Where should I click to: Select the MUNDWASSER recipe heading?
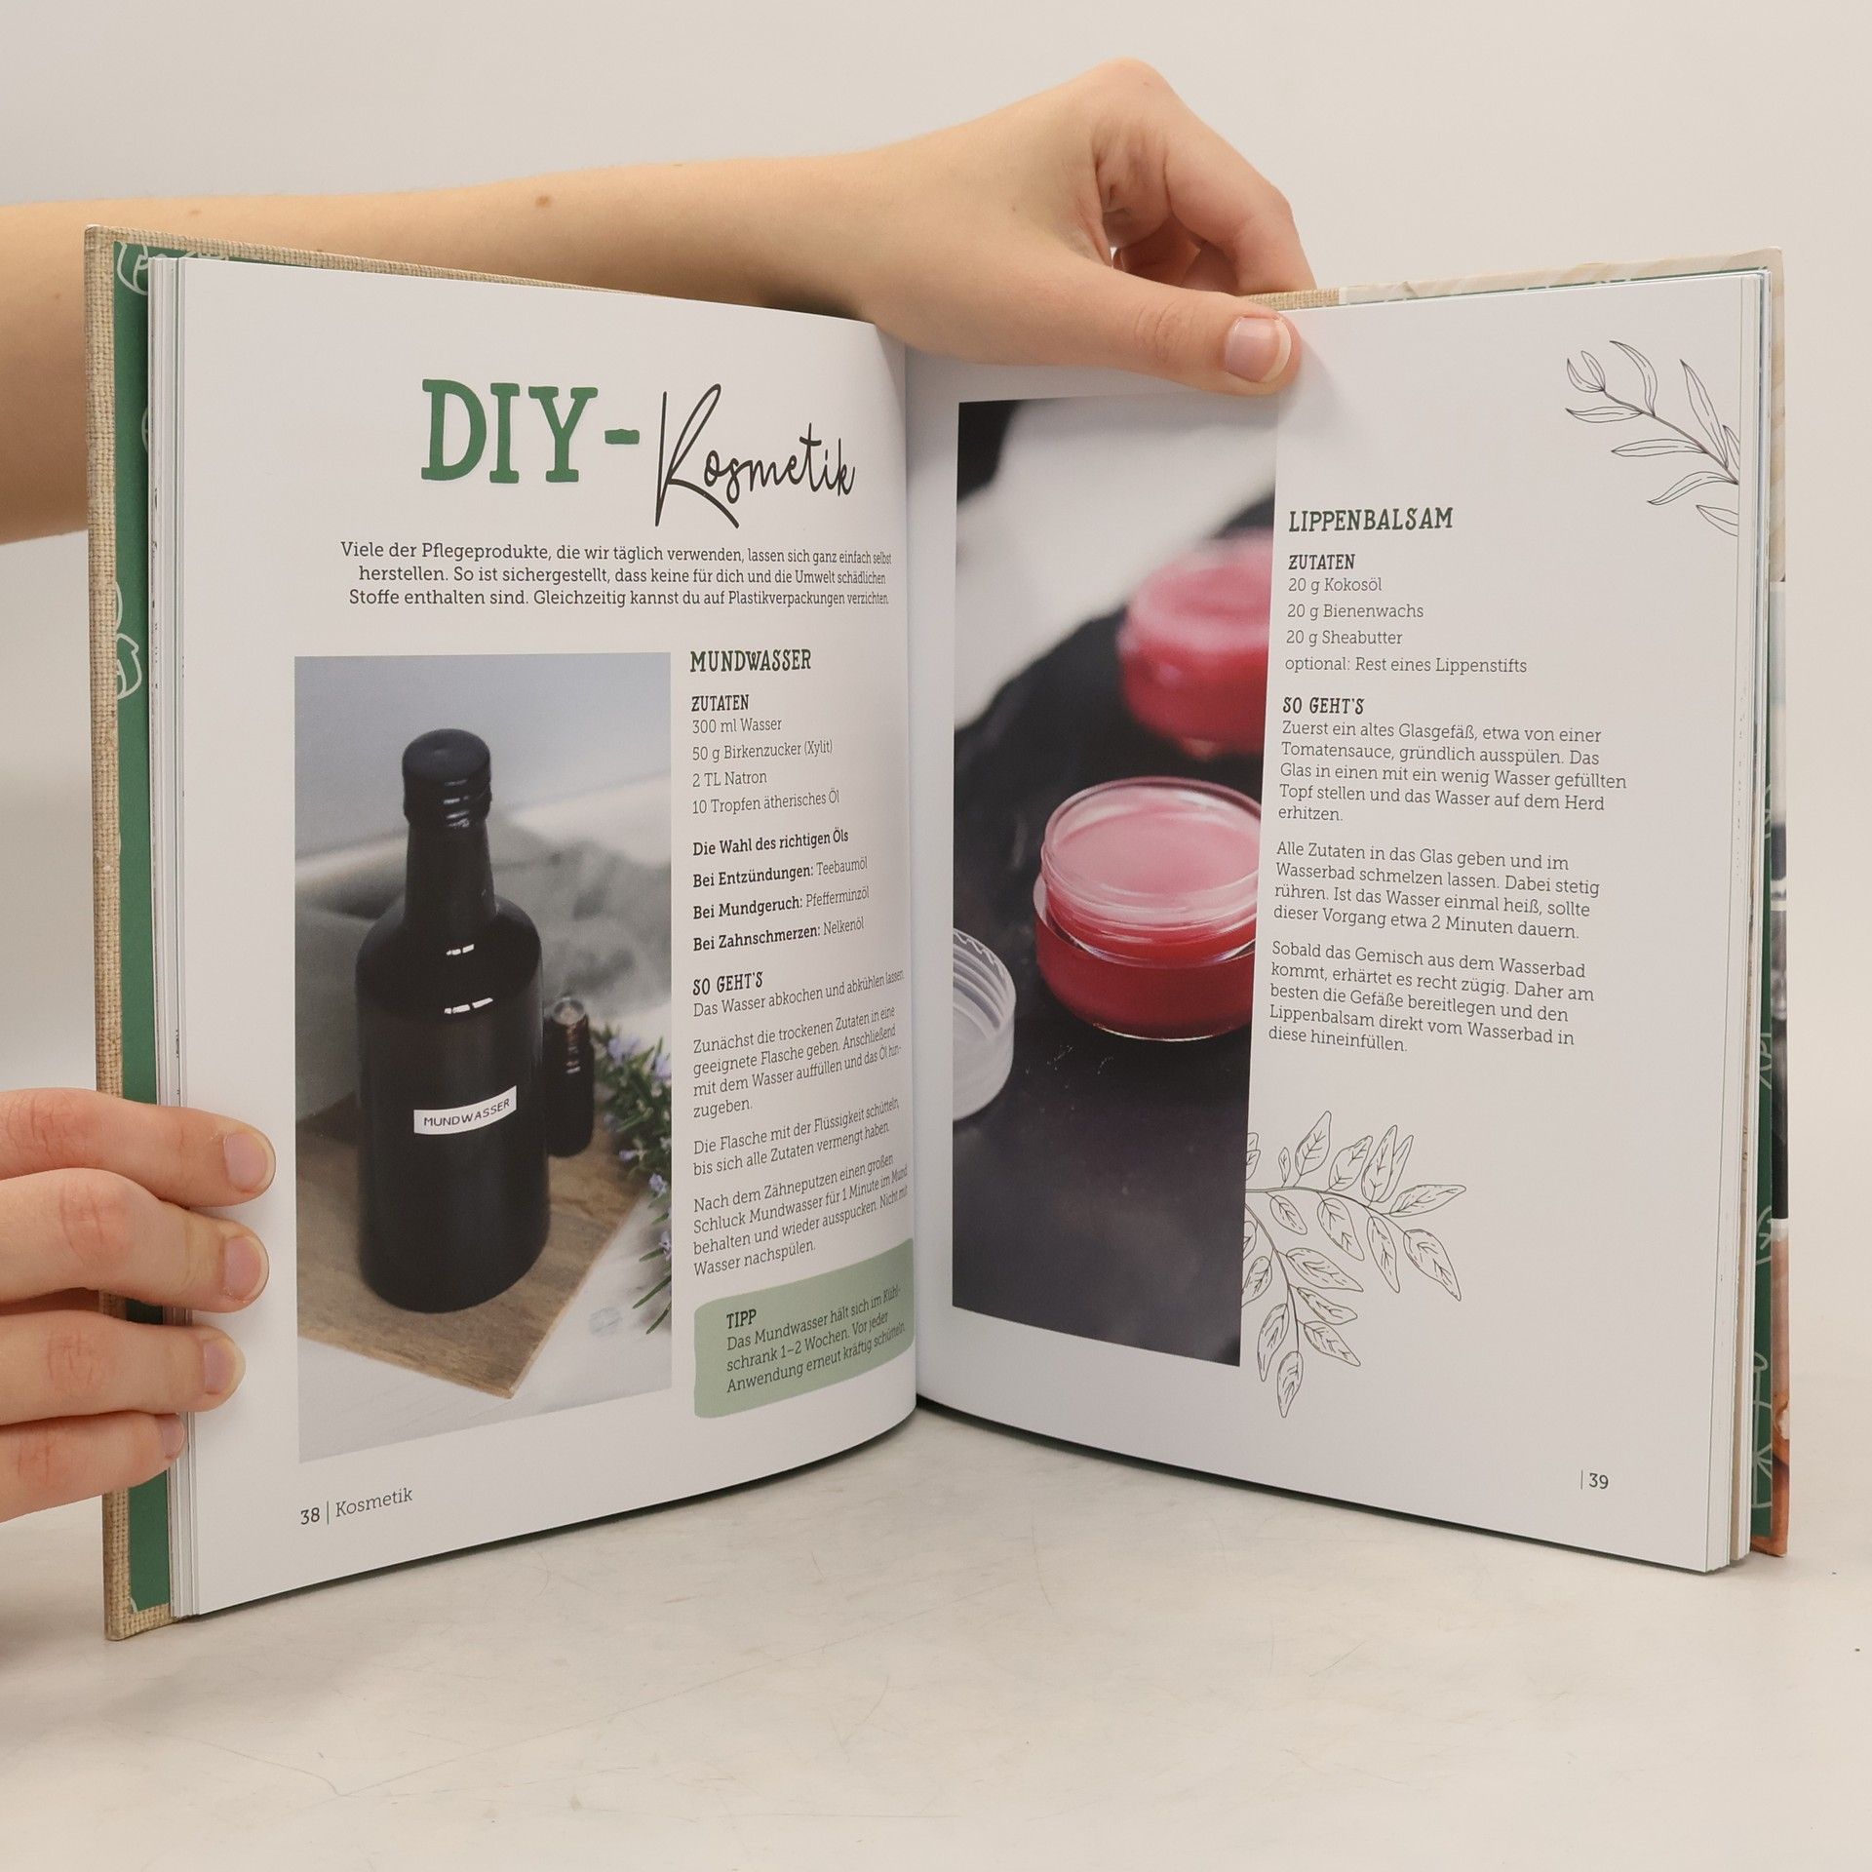(x=750, y=662)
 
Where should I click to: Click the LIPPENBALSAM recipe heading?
(x=1370, y=519)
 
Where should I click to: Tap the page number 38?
(x=310, y=1510)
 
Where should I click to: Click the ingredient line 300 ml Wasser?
(x=736, y=725)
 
